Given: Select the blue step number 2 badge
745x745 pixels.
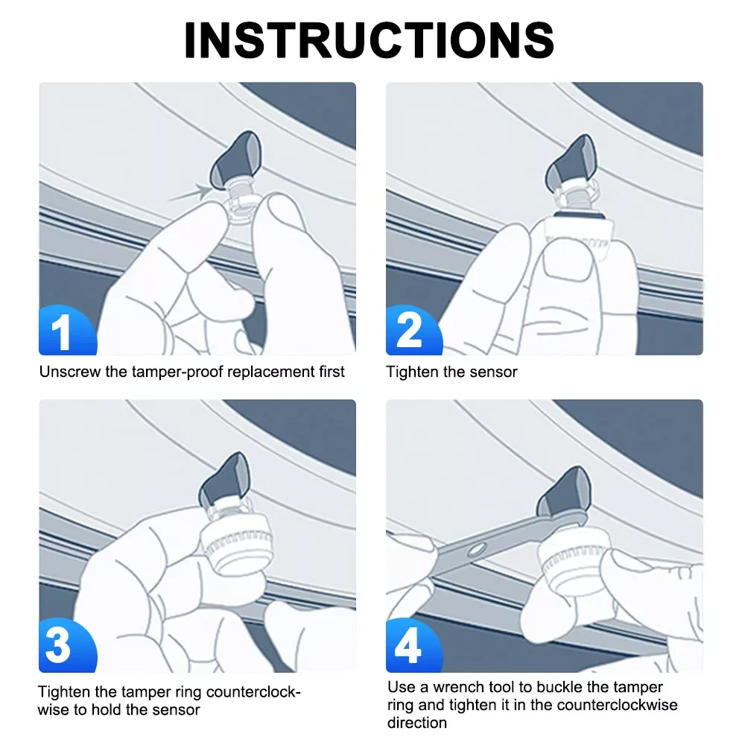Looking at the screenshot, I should click(409, 331).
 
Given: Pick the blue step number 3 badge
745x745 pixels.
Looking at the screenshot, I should click(60, 647).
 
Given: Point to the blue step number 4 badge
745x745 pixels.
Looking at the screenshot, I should click(408, 647).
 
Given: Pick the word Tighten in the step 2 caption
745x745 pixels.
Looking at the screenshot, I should click(413, 371).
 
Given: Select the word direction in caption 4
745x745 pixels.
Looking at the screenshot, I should click(416, 723).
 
